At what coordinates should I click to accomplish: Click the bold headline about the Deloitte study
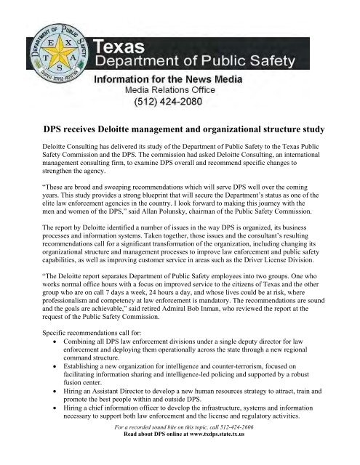179,129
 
